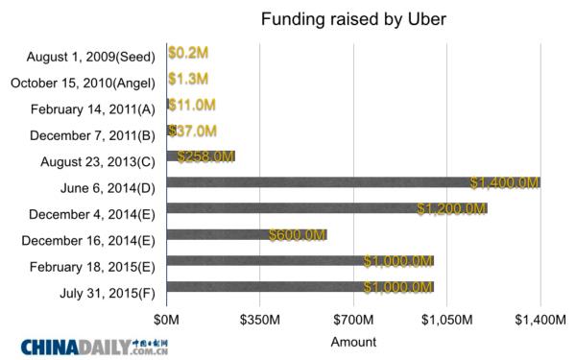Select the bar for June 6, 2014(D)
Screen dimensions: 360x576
tap(353, 182)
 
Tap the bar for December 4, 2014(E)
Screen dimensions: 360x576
tap(326, 208)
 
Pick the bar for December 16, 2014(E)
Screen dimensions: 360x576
tap(247, 234)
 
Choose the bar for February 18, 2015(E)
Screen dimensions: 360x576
tap(300, 260)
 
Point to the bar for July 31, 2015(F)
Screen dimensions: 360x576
tap(300, 286)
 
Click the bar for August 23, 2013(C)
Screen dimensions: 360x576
tap(201, 156)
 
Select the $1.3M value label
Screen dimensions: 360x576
tap(188, 78)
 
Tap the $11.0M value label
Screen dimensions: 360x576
tap(191, 104)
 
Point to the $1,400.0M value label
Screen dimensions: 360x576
tap(505, 182)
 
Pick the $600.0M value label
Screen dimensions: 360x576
tap(298, 234)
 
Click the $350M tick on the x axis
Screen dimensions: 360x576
tap(260, 318)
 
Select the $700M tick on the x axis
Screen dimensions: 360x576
tap(353, 318)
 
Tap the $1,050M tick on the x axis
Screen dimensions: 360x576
tap(446, 318)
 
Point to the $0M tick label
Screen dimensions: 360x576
tap(167, 318)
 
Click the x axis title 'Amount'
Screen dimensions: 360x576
tap(353, 341)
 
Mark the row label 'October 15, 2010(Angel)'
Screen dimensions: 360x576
tap(83, 82)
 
